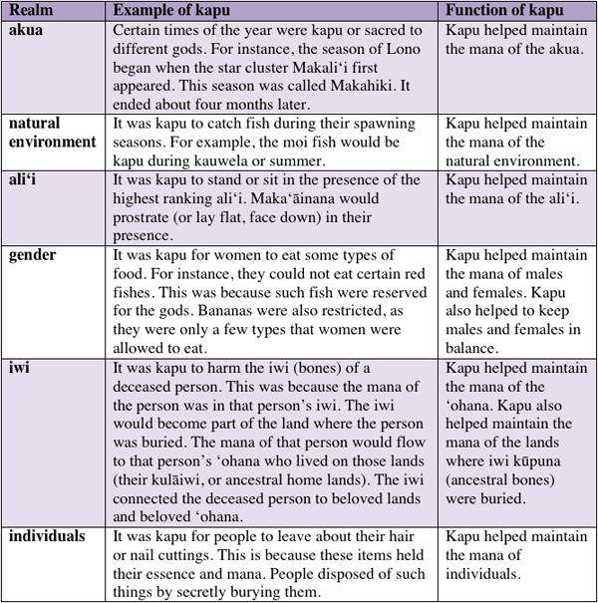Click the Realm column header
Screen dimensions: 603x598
[x=31, y=9]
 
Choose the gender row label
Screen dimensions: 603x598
[x=34, y=256]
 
